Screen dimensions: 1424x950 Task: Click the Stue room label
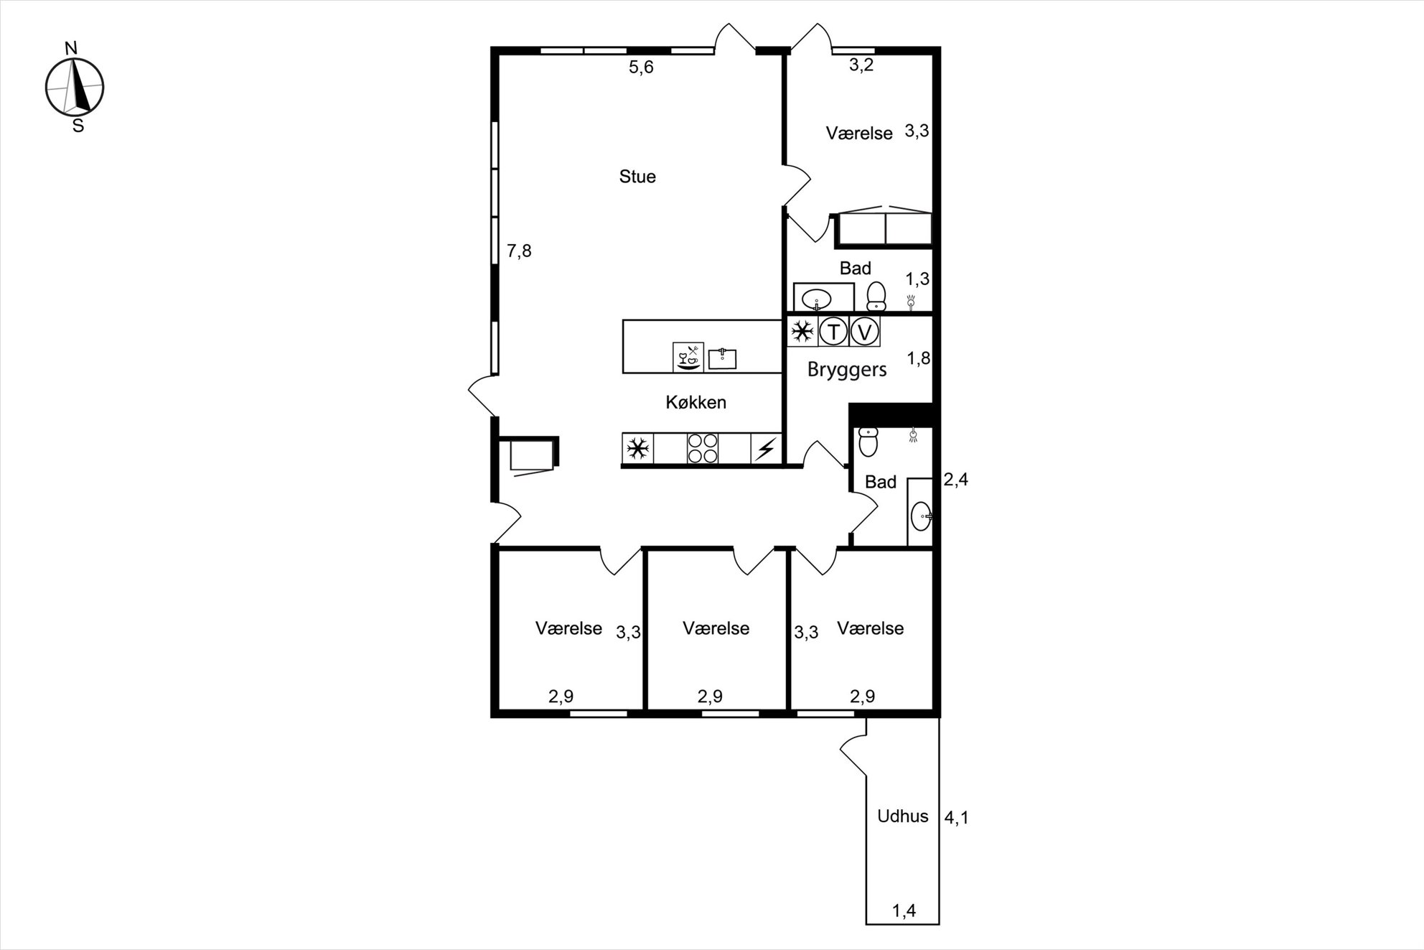click(637, 177)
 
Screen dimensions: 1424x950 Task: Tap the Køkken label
click(695, 402)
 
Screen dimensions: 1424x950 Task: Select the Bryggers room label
click(847, 370)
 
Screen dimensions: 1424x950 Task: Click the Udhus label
click(903, 816)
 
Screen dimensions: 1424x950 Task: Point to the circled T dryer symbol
click(833, 332)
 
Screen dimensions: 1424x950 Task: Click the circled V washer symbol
click(865, 332)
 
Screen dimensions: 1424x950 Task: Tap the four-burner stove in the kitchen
click(703, 449)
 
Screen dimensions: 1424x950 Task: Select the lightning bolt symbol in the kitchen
click(766, 450)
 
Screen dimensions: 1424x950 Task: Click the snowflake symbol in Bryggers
click(802, 332)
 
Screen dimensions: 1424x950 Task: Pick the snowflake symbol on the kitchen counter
click(637, 450)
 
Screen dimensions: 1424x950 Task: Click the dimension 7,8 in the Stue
click(519, 251)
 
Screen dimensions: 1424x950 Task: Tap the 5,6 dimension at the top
click(641, 67)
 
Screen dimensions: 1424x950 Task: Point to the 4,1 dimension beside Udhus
click(956, 818)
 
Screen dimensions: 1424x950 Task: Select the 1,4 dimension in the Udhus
click(904, 911)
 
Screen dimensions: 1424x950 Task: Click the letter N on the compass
click(71, 49)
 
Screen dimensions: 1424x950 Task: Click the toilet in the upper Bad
click(876, 296)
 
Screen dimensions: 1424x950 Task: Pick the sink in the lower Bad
click(922, 516)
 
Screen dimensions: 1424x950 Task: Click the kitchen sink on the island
click(723, 358)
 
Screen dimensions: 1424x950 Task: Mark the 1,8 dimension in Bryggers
click(919, 358)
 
